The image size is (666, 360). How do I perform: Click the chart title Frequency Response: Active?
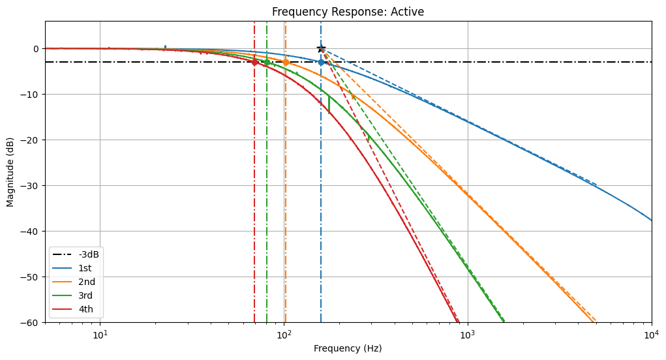pyautogui.click(x=348, y=12)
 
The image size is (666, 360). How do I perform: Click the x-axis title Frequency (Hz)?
pyautogui.click(x=348, y=348)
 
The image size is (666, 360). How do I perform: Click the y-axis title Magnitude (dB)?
pyautogui.click(x=10, y=172)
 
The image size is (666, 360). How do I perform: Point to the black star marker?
pyautogui.click(x=321, y=49)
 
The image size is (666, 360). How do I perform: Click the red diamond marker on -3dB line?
pyautogui.click(x=254, y=62)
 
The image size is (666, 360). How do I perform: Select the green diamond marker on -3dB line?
pyautogui.click(x=267, y=62)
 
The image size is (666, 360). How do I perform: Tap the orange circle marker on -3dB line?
pyautogui.click(x=286, y=62)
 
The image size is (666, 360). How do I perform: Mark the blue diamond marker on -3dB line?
pyautogui.click(x=321, y=62)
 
